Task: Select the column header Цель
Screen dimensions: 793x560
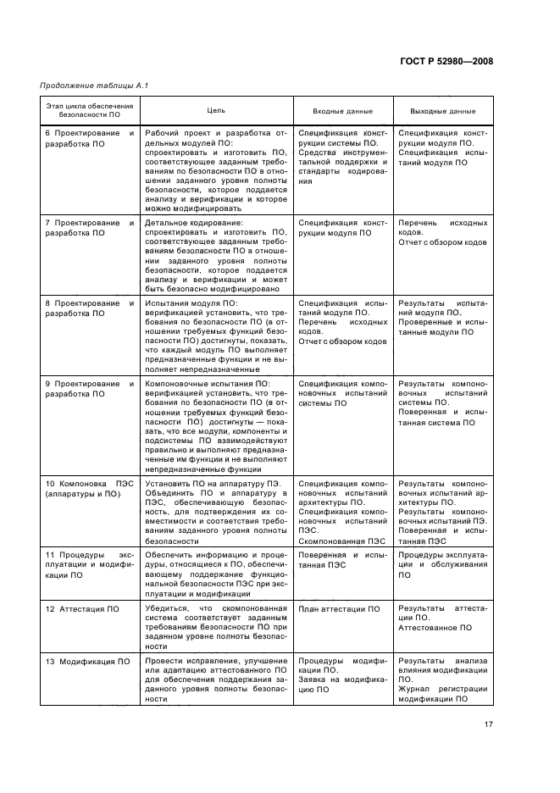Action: (216, 111)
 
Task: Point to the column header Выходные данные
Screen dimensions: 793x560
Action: (442, 111)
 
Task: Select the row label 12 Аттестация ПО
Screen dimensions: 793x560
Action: (82, 609)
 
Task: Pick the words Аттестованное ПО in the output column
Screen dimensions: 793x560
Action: (435, 629)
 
